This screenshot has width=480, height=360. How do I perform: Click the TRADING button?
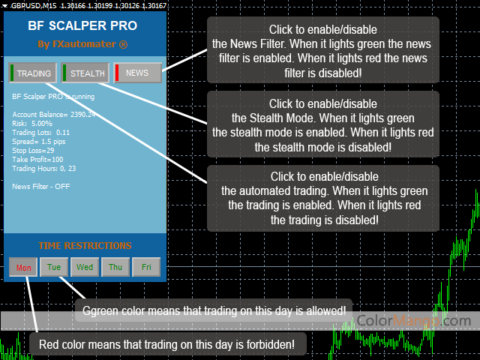pos(32,73)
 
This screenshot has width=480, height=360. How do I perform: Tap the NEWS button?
pos(137,73)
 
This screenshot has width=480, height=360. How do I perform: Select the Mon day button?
pos(24,267)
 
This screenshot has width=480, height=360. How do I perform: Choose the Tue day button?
pos(54,267)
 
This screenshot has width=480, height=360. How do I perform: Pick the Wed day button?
pos(85,267)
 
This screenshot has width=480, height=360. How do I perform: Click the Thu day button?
pos(115,267)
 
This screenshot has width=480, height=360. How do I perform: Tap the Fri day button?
pos(146,267)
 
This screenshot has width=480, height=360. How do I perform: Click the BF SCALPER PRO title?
pos(82,25)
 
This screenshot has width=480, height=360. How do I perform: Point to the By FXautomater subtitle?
pos(82,44)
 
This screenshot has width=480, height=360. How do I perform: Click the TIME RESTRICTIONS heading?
pos(85,245)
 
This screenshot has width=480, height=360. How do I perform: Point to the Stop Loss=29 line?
pos(34,150)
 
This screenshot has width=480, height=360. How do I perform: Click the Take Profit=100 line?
pos(38,159)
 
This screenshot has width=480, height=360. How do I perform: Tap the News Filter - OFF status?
pos(41,186)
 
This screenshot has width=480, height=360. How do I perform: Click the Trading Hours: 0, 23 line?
pos(44,168)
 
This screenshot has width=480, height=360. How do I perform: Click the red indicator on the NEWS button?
pos(116,73)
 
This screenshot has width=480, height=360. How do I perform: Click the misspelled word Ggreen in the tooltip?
pos(99,310)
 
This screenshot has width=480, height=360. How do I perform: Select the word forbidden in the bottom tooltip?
pos(277,344)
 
